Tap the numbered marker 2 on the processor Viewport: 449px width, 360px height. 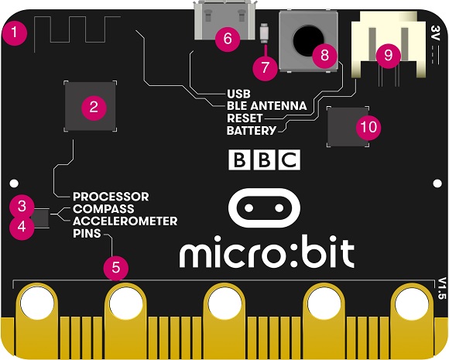[x=94, y=108]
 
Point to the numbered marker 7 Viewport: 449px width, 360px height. [x=266, y=67]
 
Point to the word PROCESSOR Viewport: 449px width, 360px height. [x=111, y=197]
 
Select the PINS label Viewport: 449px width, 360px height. [x=87, y=233]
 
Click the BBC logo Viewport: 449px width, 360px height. [x=265, y=159]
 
